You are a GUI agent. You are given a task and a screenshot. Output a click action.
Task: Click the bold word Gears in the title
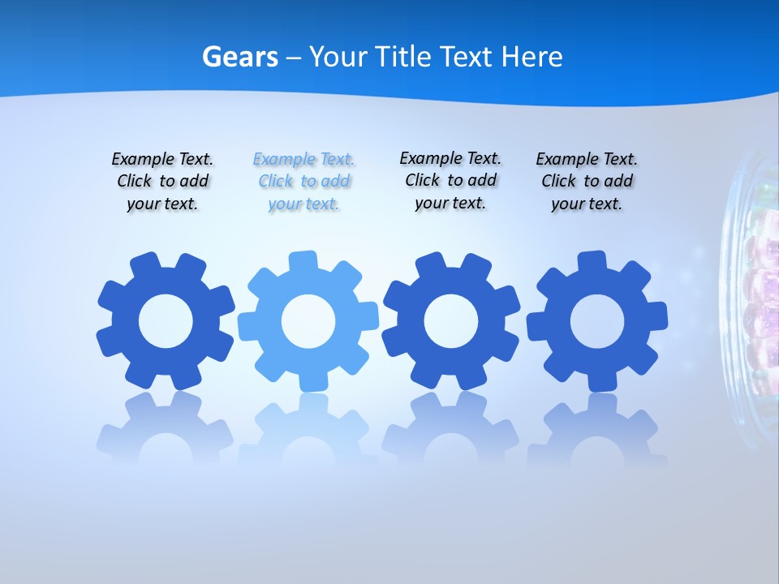[240, 57]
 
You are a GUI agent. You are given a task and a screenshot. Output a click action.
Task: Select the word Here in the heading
[532, 57]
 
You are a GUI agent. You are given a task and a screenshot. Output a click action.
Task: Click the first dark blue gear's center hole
[166, 321]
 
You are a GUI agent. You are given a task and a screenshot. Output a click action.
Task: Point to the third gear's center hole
[451, 321]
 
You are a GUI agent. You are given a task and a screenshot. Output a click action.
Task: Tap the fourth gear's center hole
[597, 321]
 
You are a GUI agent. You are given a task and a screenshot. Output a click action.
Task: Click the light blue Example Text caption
[304, 182]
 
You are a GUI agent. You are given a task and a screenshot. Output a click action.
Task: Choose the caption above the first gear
[162, 182]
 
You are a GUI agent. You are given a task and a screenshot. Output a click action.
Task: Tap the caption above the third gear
[450, 180]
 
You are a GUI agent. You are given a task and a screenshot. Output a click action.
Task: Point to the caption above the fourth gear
[587, 182]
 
